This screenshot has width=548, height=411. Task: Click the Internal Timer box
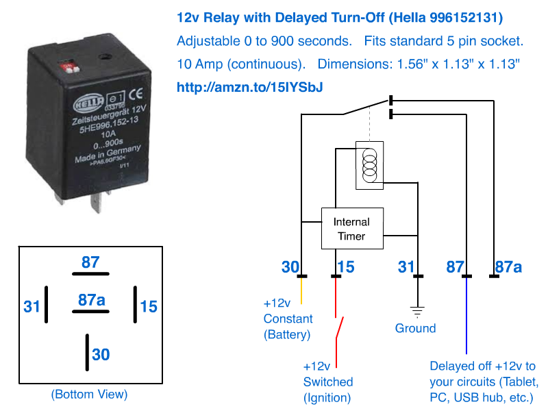352,229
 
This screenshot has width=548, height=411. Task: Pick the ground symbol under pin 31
418,310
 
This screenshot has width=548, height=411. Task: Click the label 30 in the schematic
291,266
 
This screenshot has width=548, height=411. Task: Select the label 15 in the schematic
346,266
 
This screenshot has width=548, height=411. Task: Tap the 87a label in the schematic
508,266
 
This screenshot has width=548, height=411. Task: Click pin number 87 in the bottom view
90,262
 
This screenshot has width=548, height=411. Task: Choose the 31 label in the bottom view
32,306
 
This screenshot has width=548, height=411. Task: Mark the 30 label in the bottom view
101,354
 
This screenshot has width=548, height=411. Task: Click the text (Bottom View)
89,394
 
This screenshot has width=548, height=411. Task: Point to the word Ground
415,328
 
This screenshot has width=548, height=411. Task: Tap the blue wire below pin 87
466,315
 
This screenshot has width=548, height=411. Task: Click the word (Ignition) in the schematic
328,397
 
